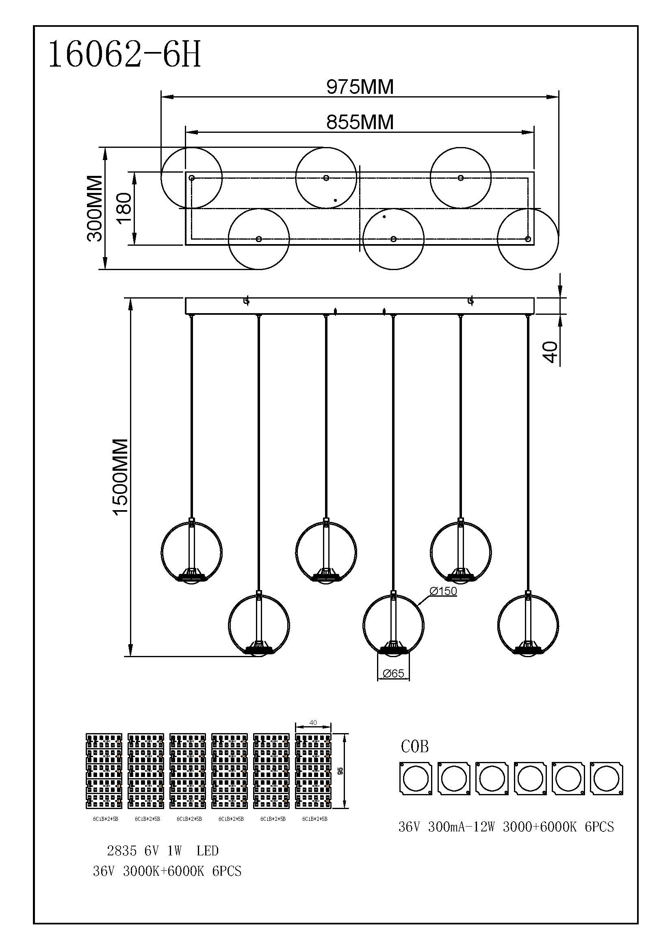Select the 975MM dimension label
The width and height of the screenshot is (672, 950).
[360, 87]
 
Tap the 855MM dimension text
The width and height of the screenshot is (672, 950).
[360, 123]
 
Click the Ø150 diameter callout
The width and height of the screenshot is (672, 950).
[443, 591]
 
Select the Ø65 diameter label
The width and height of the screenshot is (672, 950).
[394, 673]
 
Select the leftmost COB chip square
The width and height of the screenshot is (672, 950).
[416, 778]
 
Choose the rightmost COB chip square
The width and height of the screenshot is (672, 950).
[606, 778]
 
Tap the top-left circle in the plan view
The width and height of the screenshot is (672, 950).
[192, 178]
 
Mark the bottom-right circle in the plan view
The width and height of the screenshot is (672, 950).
[528, 239]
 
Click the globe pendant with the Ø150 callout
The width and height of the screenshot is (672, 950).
[394, 625]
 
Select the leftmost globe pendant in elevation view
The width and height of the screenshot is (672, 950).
[192, 552]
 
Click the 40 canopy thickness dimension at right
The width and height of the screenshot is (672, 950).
[550, 352]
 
